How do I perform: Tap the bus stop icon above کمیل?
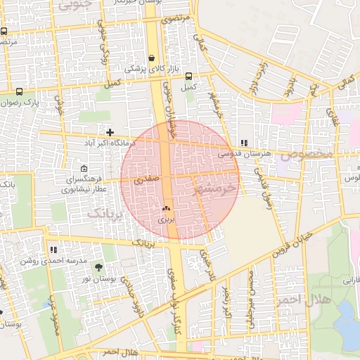tap(188, 76)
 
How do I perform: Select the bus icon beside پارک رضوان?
tap(19, 91)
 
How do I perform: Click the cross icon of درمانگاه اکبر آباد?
tap(110, 131)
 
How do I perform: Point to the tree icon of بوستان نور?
tap(98, 267)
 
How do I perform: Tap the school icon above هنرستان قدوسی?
tap(244, 142)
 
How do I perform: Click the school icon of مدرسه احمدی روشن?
tap(53, 250)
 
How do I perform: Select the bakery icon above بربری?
tap(166, 208)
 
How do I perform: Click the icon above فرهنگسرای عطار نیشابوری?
tap(84, 169)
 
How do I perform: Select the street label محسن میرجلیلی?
tap(252, 299)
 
